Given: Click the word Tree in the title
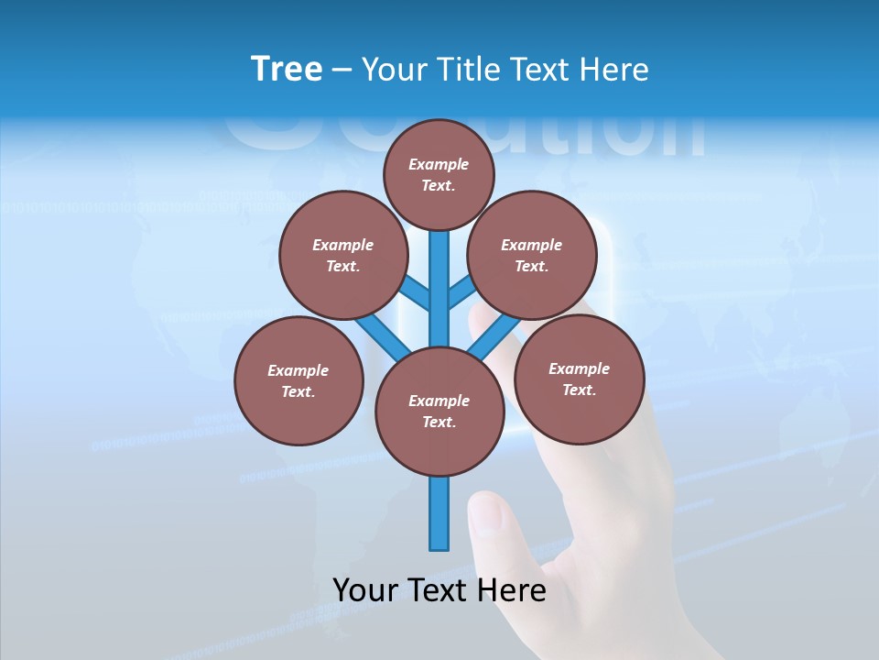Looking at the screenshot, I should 287,70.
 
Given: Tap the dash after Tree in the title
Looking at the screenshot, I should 342,71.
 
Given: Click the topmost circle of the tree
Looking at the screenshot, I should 439,174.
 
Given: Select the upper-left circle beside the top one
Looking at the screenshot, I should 342,255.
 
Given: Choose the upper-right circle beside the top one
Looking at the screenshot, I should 531,255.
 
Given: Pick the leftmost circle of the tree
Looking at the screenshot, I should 298,380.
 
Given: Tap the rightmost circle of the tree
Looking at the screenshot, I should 579,378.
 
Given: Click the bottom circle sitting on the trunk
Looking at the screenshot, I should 439,412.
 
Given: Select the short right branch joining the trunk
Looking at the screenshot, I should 461,294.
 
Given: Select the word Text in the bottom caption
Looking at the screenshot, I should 438,589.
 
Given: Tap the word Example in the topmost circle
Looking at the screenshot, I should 439,164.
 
